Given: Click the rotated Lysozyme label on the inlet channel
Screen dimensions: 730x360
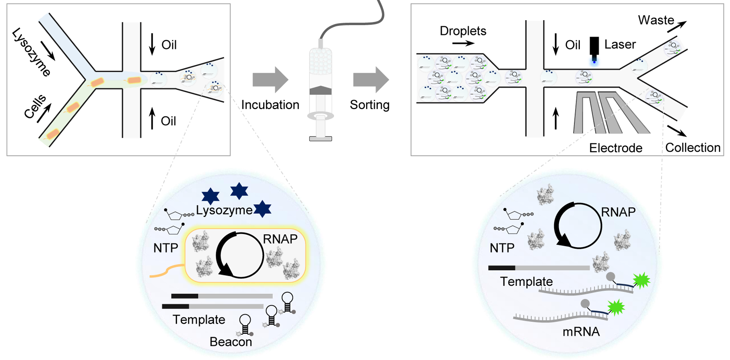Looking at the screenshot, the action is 31,52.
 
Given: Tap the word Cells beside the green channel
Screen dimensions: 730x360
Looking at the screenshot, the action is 35,107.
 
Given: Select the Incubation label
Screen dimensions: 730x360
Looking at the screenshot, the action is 270,105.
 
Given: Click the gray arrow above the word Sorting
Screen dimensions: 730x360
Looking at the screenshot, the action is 371,80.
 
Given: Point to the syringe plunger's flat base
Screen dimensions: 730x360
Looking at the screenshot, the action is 320,139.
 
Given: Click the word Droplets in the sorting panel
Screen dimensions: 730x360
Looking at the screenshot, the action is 463,31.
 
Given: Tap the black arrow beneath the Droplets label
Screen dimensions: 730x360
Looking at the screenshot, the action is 463,43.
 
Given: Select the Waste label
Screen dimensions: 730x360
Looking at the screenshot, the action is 656,20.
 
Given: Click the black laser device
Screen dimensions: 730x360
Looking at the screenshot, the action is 594,46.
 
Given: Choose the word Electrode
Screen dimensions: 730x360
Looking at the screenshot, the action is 616,148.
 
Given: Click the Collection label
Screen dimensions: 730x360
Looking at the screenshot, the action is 693,148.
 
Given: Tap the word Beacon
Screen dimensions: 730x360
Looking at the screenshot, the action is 231,342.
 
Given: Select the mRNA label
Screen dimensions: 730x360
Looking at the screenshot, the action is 581,332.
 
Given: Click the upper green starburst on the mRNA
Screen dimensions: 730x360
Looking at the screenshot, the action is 641,280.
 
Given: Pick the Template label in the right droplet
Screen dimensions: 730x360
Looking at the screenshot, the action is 526,281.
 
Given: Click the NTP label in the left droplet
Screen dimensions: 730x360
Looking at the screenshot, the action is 165,248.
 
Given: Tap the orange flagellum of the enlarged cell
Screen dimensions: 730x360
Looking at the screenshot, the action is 167,271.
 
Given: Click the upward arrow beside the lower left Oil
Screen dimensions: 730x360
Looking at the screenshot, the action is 152,118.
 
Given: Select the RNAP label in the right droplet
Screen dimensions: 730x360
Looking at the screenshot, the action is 618,212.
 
